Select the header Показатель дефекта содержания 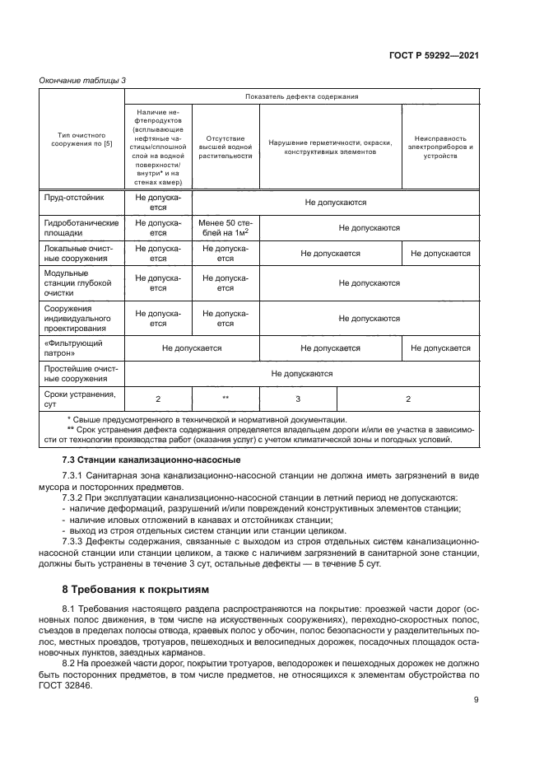pos(300,97)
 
